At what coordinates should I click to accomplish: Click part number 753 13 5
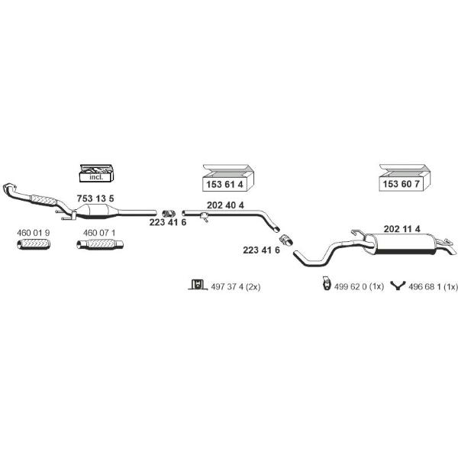(x=95, y=198)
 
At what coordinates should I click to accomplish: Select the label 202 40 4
(x=225, y=205)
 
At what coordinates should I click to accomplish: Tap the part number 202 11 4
(x=402, y=229)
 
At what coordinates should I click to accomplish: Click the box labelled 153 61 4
(x=228, y=178)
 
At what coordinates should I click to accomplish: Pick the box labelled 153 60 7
(x=405, y=178)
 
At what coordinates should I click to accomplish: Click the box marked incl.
(x=96, y=173)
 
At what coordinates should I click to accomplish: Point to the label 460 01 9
(x=34, y=233)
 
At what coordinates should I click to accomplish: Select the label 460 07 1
(x=99, y=233)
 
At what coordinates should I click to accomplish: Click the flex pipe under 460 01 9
(x=34, y=244)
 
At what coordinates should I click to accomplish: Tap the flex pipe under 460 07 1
(x=100, y=244)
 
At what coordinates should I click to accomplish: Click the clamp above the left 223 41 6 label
(x=169, y=214)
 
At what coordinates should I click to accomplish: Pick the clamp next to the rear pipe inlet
(x=286, y=240)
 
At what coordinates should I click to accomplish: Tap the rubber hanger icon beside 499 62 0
(x=326, y=283)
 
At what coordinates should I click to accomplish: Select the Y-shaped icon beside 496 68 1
(x=398, y=285)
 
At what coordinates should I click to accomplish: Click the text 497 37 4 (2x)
(x=235, y=287)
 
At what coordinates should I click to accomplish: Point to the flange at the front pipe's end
(x=9, y=188)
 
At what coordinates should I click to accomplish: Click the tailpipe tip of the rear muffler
(x=452, y=250)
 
